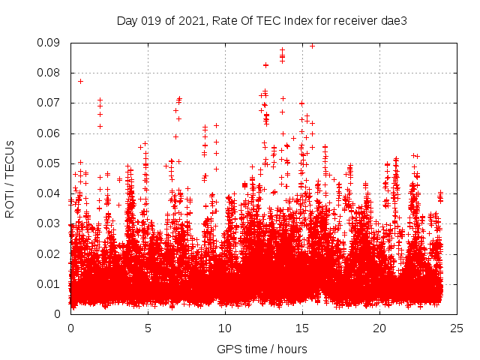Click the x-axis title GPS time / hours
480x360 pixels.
pos(262,349)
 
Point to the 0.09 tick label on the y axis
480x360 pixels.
pos(49,43)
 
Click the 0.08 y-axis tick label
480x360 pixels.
pos(49,73)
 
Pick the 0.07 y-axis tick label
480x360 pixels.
pos(49,103)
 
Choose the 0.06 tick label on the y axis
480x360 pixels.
pos(49,133)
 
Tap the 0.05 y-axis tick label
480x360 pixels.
pos(49,163)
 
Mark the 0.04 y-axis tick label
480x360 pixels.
pos(49,193)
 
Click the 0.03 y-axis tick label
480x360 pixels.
pos(49,223)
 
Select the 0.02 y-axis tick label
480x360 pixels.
pos(49,253)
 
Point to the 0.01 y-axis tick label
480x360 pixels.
pos(49,283)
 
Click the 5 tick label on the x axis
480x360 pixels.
pos(148,328)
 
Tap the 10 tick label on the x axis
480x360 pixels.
pos(225,328)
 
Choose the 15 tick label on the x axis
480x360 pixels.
pos(302,328)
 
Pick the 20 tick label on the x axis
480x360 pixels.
pos(379,328)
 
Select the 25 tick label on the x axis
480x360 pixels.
pos(457,328)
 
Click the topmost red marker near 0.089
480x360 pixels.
pos(312,46)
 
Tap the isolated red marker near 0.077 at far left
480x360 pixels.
pos(80,81)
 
